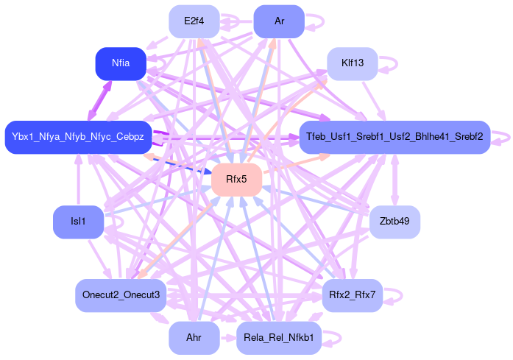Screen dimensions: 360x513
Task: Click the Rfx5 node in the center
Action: click(237, 180)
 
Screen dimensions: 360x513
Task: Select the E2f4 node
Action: click(194, 21)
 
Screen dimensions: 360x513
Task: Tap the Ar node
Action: click(279, 21)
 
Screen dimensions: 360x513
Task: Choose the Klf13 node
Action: click(353, 64)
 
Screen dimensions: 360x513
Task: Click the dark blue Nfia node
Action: click(121, 63)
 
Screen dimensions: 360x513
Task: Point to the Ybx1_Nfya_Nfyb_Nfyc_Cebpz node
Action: click(78, 137)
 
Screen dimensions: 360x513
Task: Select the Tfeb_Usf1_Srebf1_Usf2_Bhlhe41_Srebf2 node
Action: click(395, 137)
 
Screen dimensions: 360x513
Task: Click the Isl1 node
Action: click(78, 222)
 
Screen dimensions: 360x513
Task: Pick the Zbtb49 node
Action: click(395, 222)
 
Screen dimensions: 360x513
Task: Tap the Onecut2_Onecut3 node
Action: click(121, 295)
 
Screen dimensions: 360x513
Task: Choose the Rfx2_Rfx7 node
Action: click(353, 295)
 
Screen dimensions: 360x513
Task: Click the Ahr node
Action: click(194, 338)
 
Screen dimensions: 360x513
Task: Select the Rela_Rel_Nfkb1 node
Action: click(279, 338)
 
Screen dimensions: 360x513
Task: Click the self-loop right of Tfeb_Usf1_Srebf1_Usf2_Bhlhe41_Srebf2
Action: click(503, 137)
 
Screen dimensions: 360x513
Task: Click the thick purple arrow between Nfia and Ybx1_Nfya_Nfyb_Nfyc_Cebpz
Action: click(100, 100)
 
